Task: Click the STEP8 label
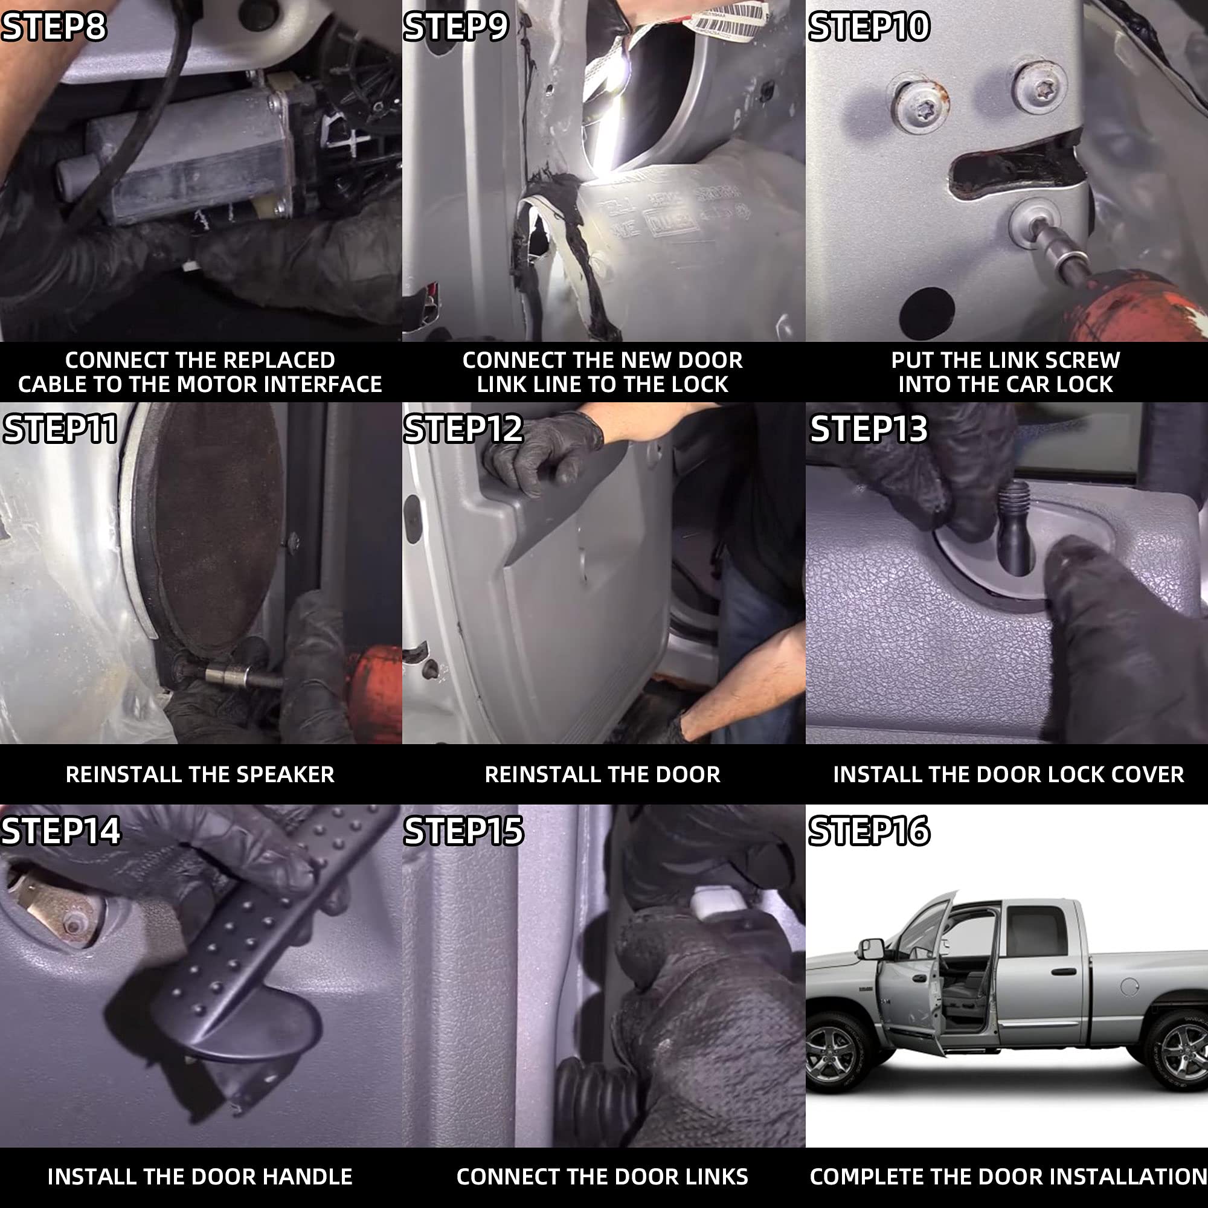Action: (54, 27)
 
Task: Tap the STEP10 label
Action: (869, 27)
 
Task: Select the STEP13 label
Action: (869, 429)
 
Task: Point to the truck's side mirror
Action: (870, 948)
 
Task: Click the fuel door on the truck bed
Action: (1129, 987)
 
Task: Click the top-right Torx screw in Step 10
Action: (1039, 87)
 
